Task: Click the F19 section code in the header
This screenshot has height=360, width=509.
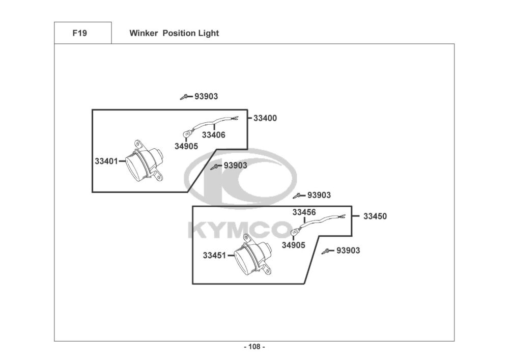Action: [79, 33]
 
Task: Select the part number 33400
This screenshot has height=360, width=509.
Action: [265, 118]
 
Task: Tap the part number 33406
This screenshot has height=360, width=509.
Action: [213, 135]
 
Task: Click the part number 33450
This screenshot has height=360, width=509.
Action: [375, 216]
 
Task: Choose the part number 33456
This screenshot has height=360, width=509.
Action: [304, 212]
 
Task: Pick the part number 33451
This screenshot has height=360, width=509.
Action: [214, 255]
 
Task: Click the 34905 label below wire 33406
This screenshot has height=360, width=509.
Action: [186, 146]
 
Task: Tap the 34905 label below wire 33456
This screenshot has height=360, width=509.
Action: [294, 245]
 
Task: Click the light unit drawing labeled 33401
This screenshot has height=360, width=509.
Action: [144, 161]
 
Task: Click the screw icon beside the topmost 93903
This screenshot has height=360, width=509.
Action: [185, 97]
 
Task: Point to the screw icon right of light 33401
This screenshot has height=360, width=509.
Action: [215, 166]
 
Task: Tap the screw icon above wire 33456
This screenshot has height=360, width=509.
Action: [298, 196]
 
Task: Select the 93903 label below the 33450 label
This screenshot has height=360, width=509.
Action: [348, 251]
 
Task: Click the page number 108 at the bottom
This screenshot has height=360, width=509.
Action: [254, 347]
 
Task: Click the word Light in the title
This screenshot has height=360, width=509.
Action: [208, 33]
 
